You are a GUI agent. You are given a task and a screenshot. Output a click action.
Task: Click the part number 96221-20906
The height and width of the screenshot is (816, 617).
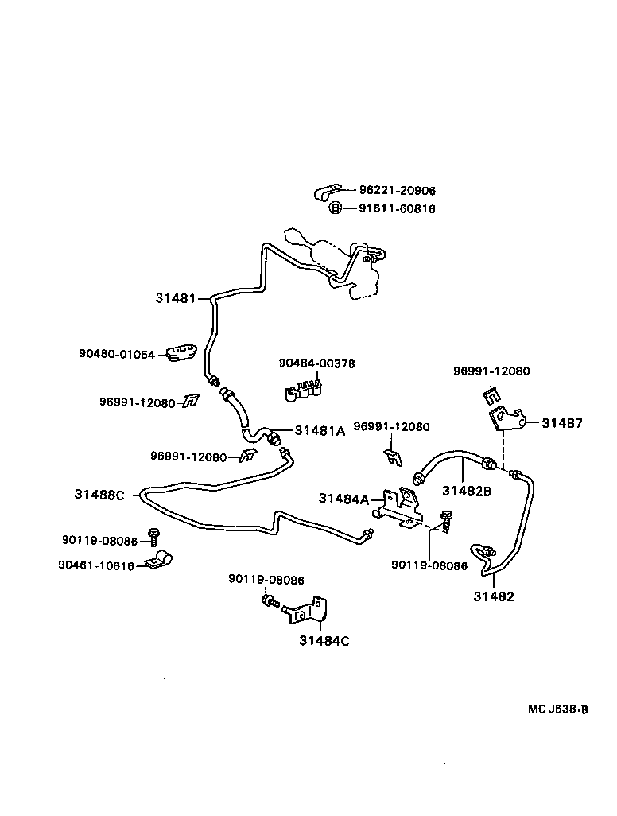[397, 191]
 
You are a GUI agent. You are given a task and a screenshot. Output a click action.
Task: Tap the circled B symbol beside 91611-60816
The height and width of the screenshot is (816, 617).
[336, 208]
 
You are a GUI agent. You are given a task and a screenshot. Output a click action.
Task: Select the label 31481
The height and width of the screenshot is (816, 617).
[175, 298]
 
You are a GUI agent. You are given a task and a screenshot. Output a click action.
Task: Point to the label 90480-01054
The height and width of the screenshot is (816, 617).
[117, 354]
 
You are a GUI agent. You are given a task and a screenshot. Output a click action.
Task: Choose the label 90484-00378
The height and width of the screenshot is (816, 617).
[316, 363]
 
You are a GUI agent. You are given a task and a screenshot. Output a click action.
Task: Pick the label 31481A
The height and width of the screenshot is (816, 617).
[320, 431]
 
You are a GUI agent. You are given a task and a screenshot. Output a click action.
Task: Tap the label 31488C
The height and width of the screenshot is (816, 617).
[100, 495]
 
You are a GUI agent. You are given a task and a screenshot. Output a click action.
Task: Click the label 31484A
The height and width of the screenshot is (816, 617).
[344, 499]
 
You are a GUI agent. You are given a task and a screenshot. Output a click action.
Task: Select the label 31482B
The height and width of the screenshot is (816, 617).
[467, 492]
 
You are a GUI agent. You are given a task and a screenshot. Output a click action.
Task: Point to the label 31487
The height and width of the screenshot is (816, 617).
[562, 423]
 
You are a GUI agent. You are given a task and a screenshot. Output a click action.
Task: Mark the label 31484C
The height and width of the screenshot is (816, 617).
[324, 641]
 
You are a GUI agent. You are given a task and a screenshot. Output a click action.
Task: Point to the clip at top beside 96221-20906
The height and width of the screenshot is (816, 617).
[327, 192]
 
